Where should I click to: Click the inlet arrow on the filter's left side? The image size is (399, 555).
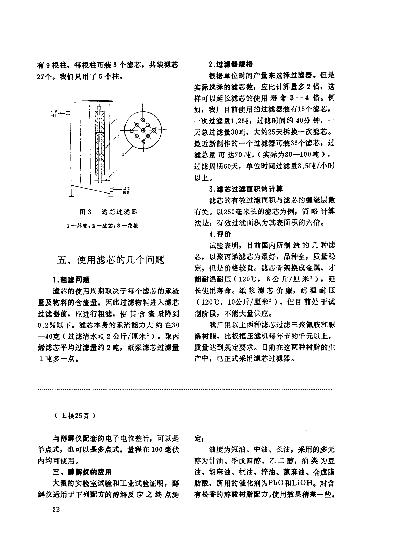click(62, 112)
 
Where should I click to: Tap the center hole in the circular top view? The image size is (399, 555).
click(143, 130)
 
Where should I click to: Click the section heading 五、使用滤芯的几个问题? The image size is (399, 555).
click(111, 260)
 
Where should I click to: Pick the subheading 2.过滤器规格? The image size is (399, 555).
click(230, 64)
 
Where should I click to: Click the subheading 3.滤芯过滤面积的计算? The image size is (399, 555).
click(245, 189)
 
